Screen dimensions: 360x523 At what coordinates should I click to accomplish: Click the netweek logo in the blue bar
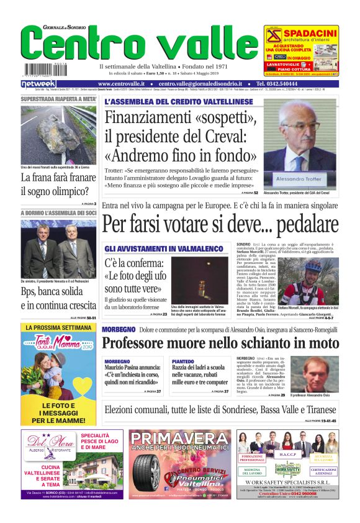click(39, 83)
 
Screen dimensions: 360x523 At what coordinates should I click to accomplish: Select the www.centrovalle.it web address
click(121, 83)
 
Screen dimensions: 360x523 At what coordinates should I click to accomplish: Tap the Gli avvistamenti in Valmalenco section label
click(164, 248)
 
